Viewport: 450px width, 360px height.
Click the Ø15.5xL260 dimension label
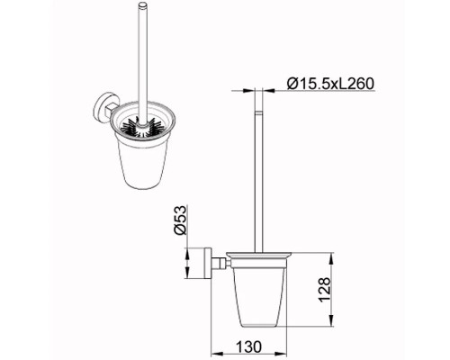[x=330, y=84]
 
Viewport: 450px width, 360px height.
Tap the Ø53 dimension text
[x=181, y=220]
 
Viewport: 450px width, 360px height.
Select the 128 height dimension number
[x=325, y=290]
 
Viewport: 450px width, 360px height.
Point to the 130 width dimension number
[x=248, y=347]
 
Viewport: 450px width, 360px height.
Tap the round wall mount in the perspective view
[x=101, y=107]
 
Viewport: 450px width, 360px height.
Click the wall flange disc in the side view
[x=209, y=264]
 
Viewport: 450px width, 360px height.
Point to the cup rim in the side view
[x=258, y=256]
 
